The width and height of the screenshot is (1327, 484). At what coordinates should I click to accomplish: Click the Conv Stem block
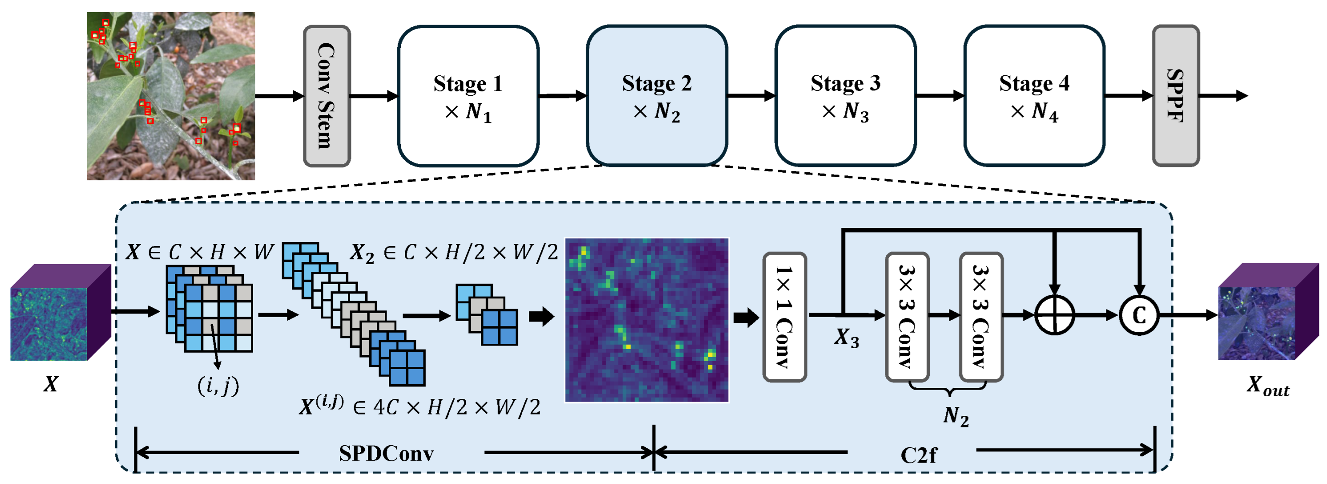click(327, 96)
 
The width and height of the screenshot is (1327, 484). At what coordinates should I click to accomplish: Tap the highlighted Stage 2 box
click(657, 96)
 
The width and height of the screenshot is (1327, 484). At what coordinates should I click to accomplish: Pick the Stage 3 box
click(845, 96)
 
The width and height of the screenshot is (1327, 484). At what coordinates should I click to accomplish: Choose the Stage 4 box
click(1034, 96)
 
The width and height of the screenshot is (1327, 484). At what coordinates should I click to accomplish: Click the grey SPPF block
click(1176, 96)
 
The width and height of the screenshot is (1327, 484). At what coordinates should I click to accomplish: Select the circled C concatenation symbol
click(1139, 315)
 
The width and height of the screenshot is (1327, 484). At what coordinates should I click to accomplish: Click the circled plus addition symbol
click(1054, 315)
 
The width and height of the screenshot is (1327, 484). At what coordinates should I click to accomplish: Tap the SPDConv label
click(386, 454)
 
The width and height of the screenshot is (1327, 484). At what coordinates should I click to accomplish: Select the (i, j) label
click(218, 385)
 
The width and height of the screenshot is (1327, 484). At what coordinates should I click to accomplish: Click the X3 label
click(847, 338)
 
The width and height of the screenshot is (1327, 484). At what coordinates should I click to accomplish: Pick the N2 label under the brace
click(956, 416)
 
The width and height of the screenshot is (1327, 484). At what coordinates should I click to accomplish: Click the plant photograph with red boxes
click(170, 96)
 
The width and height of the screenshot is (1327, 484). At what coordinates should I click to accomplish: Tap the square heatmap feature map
click(647, 320)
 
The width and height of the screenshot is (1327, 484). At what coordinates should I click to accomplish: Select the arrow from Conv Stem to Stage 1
click(374, 96)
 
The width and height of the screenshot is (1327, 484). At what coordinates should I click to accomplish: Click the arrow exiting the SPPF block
click(1224, 96)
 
